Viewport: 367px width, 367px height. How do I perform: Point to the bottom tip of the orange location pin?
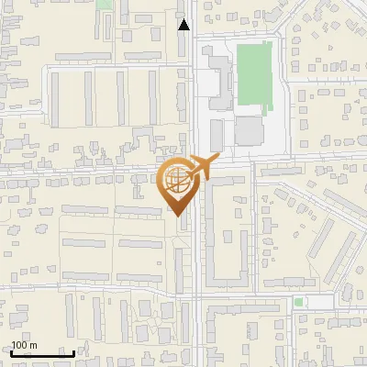pyautogui.click(x=177, y=216)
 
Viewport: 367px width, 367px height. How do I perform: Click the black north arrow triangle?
pyautogui.click(x=184, y=25)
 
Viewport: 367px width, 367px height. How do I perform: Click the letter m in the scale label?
pyautogui.click(x=34, y=345)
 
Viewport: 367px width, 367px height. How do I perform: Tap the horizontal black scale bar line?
pyautogui.click(x=42, y=353)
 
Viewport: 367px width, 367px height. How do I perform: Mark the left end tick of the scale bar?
pyautogui.click(x=11, y=351)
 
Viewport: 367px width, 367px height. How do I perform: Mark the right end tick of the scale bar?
pyautogui.click(x=73, y=351)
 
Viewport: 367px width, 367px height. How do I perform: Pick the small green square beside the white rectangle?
pyautogui.click(x=298, y=301)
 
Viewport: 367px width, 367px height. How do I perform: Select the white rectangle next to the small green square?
pyautogui.click(x=317, y=301)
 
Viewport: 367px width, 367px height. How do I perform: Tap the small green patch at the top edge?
pyautogui.click(x=103, y=5)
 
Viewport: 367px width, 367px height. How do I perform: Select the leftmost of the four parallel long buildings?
pyautogui.click(x=54, y=100)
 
